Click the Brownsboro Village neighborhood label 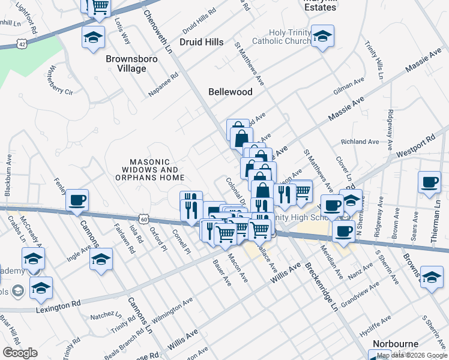(x=126, y=64)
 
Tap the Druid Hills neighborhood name (x=202, y=42)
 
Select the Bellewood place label (x=231, y=92)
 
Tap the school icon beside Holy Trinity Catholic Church (x=322, y=37)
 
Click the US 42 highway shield (x=22, y=44)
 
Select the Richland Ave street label (x=360, y=142)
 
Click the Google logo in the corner (x=20, y=353)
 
